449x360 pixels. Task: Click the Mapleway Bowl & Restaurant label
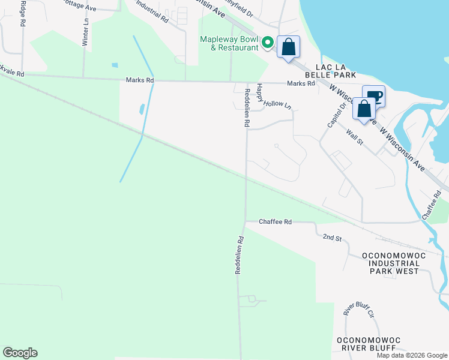229,43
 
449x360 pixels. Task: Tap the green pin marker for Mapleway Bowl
268,43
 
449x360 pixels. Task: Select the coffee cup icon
373,96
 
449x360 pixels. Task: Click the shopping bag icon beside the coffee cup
364,109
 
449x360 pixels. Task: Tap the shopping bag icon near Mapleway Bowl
289,47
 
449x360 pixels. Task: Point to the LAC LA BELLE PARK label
330,70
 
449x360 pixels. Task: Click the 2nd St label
332,238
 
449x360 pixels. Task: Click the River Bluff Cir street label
358,309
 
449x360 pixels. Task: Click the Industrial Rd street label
152,11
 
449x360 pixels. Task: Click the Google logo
20,353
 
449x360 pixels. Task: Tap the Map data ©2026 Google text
412,355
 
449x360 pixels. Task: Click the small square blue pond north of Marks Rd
115,65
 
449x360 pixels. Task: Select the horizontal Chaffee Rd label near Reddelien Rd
275,222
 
